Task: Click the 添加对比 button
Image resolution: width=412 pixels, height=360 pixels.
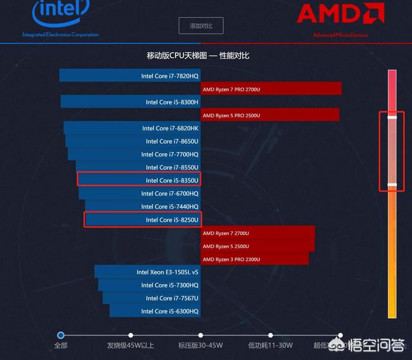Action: coord(201,26)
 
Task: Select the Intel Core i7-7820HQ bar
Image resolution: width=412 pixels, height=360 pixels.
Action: coord(129,76)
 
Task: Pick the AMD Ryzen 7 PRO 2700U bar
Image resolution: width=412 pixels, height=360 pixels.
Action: coord(270,89)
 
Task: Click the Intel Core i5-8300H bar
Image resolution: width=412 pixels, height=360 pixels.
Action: coord(131,102)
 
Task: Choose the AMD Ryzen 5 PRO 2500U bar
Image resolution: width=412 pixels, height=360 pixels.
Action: coord(270,115)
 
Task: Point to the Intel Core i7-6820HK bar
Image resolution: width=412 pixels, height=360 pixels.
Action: coord(132,128)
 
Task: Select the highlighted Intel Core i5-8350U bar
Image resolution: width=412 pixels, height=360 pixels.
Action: coord(138,180)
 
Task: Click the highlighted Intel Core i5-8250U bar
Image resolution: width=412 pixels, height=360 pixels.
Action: coord(143,220)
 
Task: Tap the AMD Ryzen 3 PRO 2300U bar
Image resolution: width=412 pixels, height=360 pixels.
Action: coord(255,259)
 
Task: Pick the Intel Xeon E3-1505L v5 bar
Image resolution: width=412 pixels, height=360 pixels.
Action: coord(147,272)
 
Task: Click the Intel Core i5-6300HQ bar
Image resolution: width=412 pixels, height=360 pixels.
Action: coord(154,311)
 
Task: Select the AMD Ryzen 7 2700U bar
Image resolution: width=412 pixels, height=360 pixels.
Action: coord(257,232)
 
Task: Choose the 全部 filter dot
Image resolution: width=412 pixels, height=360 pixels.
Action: coord(61,335)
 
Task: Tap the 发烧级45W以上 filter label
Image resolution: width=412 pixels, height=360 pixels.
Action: coord(131,345)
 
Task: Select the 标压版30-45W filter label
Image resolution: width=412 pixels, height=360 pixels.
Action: coord(200,345)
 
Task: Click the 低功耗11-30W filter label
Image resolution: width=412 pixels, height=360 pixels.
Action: coord(270,345)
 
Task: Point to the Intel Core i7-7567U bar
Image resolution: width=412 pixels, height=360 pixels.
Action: coord(151,298)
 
